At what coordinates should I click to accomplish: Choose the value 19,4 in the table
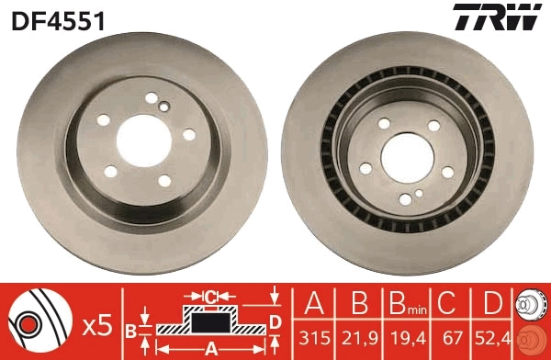402,338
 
